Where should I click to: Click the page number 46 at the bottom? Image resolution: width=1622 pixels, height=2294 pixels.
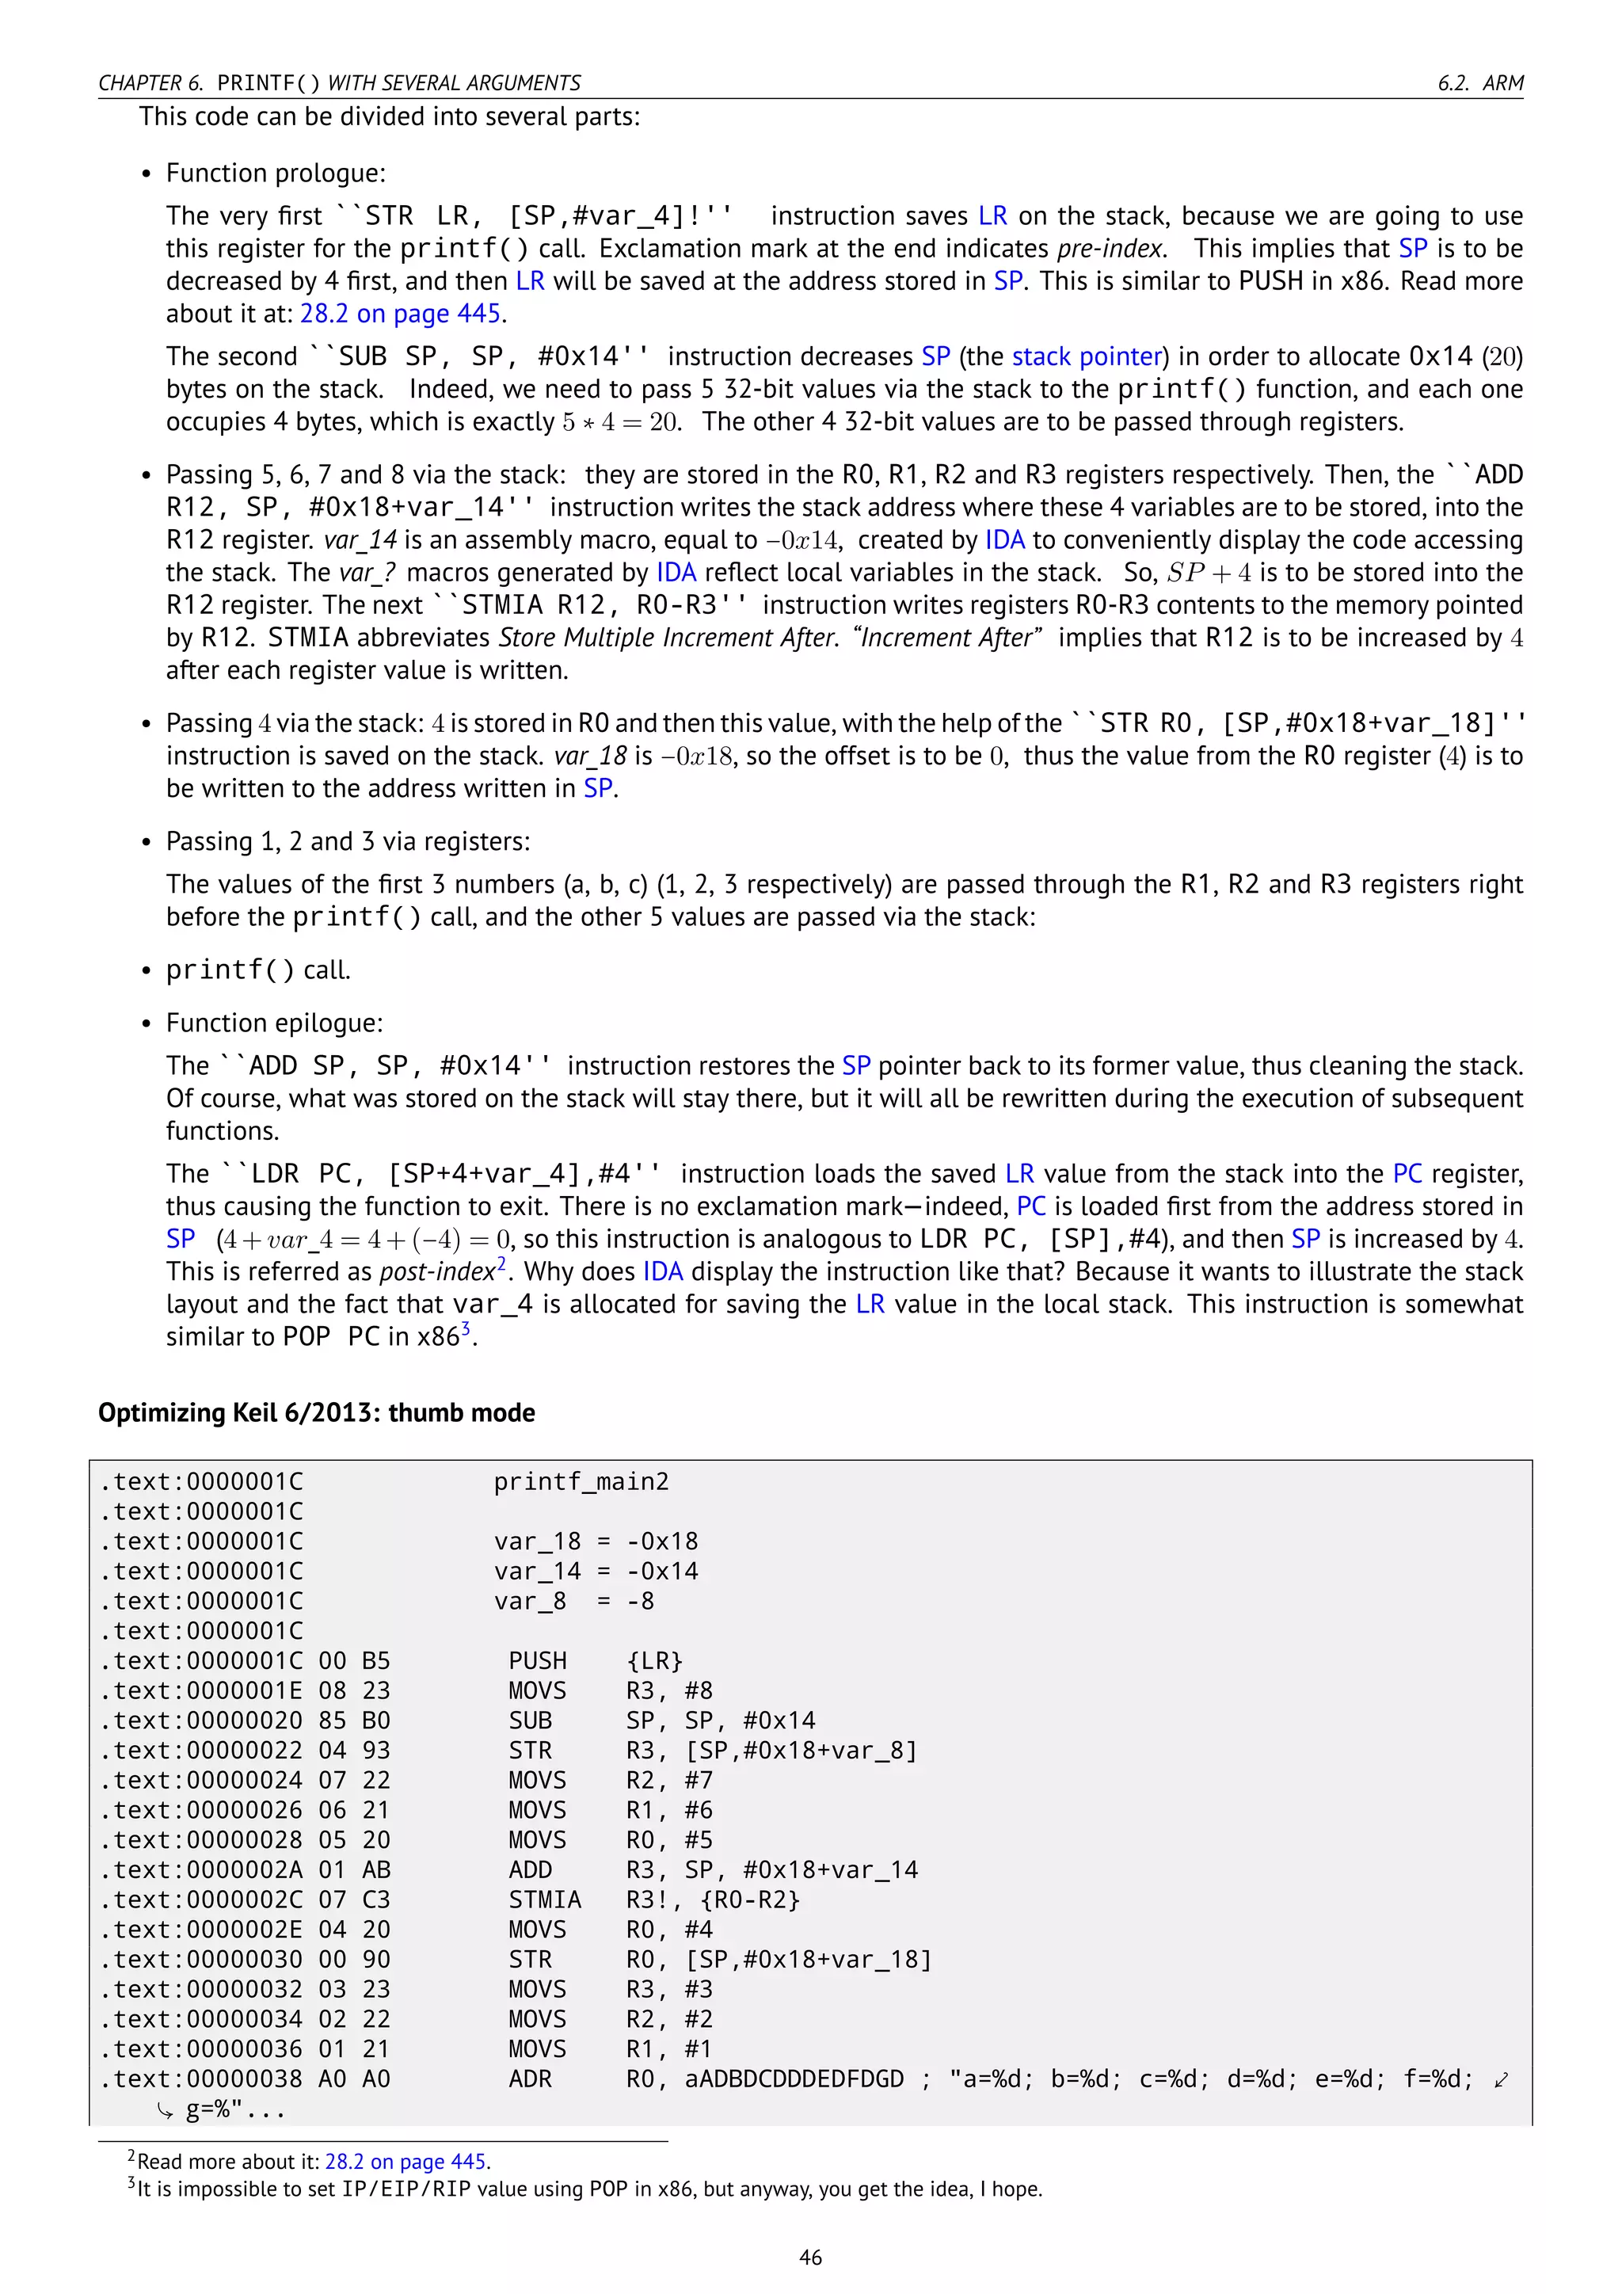(810, 2257)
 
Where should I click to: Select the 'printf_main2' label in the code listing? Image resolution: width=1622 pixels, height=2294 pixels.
(581, 1482)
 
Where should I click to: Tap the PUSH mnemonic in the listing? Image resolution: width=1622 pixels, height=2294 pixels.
(537, 1660)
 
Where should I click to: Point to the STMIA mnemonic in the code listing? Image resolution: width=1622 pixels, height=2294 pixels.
(544, 1900)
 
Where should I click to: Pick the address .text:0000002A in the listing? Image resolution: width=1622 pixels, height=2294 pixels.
(200, 1869)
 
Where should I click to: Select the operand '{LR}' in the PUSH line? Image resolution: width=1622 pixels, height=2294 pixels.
(654, 1660)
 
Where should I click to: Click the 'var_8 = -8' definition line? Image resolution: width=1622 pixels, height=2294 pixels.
(573, 1601)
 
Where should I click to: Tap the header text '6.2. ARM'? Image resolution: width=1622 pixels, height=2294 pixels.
(1480, 83)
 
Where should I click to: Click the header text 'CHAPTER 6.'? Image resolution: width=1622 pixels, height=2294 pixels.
(150, 83)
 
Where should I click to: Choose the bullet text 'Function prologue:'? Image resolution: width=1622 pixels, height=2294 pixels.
(276, 173)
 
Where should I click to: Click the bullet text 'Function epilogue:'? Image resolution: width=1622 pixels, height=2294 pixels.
(275, 1023)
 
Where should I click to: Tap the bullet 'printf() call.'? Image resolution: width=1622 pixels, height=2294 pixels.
(257, 970)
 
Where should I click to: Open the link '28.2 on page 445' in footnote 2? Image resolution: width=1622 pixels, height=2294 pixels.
(405, 2161)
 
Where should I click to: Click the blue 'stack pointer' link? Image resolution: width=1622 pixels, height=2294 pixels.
(1087, 356)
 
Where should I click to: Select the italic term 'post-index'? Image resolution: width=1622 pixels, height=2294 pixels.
(437, 1272)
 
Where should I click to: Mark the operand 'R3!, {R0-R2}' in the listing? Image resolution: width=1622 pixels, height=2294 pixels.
(713, 1900)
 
